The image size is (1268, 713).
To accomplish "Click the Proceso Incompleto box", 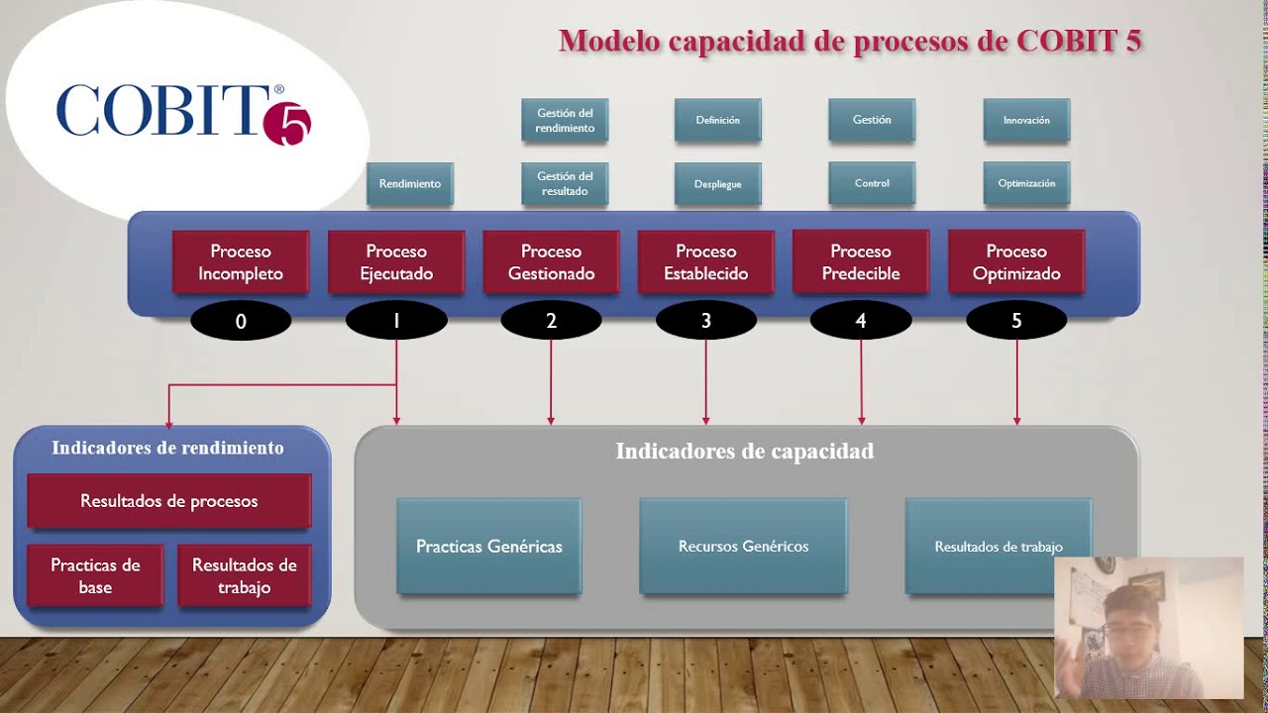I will click(x=241, y=262).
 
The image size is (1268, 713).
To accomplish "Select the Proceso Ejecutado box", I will click(x=396, y=262).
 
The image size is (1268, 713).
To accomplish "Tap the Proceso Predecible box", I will click(x=861, y=262).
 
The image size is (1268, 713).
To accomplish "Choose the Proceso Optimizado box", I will click(x=1016, y=262).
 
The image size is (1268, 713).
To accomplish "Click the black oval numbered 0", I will click(x=241, y=321).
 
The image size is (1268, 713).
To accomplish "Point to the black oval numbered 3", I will click(x=706, y=321).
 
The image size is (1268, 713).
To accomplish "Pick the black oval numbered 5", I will click(x=1016, y=321).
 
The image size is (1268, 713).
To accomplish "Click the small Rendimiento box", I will click(x=410, y=184).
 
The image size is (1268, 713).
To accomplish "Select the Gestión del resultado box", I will click(x=565, y=184).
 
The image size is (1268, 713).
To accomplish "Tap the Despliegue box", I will click(x=718, y=184).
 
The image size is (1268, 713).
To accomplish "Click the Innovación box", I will click(x=1026, y=120).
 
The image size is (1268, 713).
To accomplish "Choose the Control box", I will click(x=872, y=183).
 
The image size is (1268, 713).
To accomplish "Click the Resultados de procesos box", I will click(x=169, y=501).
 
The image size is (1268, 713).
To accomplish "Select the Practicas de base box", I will click(x=95, y=575).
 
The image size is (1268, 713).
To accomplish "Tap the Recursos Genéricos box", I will click(x=743, y=547).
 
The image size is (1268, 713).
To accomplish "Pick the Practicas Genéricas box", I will click(x=489, y=547).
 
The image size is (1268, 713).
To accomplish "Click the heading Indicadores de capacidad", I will click(x=745, y=452).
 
